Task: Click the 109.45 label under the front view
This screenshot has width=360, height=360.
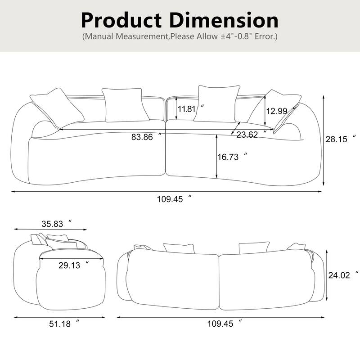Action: click(x=170, y=199)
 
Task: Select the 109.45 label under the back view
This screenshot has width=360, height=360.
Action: click(x=220, y=323)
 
